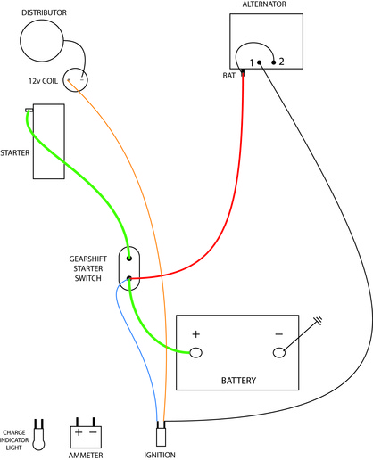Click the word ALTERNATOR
[264, 4]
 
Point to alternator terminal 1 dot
[260, 62]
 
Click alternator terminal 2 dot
[274, 62]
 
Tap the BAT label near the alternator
[228, 76]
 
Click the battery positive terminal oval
[195, 353]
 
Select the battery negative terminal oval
[279, 353]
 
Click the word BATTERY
[238, 381]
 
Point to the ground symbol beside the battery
[319, 321]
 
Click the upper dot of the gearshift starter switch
[129, 259]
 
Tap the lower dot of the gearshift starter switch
[129, 278]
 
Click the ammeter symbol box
[86, 437]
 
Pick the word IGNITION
[160, 455]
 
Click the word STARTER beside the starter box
[15, 152]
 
